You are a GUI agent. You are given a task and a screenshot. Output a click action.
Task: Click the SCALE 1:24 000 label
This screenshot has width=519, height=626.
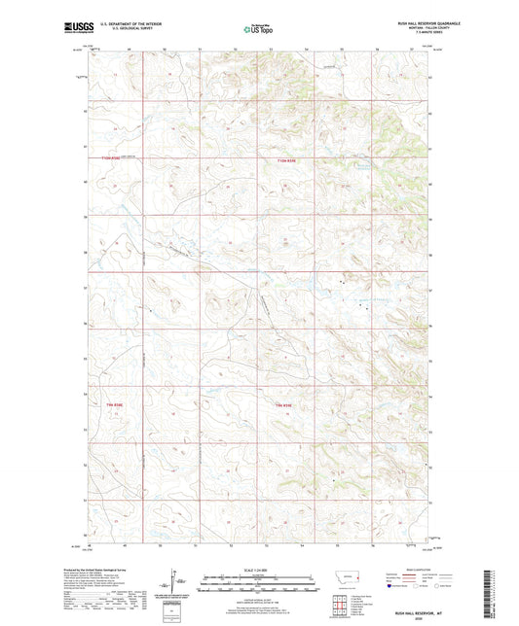pos(258,569)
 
